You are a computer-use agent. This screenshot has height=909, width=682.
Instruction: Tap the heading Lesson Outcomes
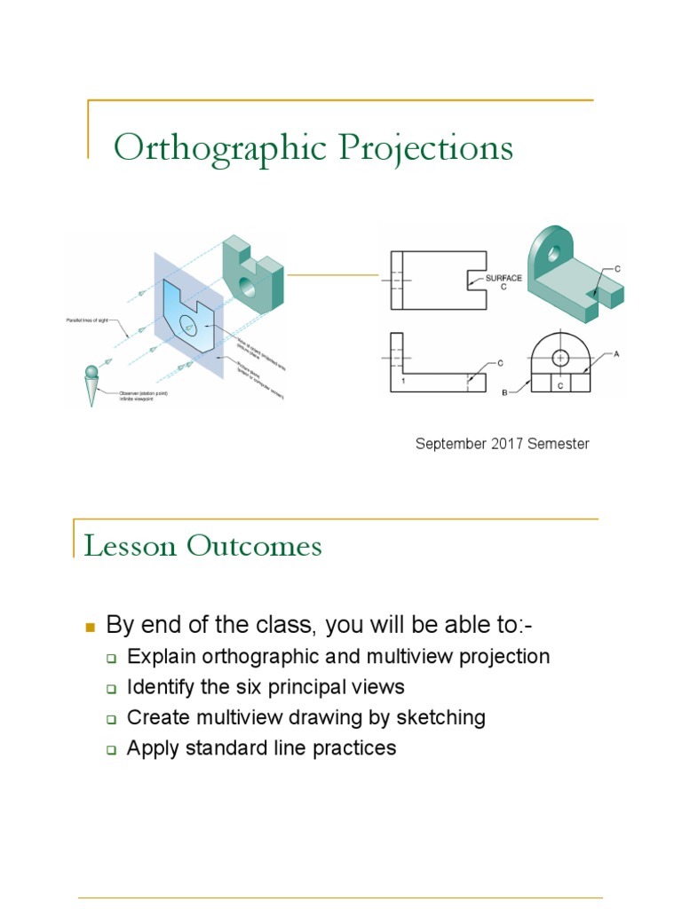tap(202, 545)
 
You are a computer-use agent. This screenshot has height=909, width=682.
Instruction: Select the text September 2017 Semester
tap(502, 444)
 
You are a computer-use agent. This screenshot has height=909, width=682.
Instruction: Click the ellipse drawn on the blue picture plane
tap(189, 326)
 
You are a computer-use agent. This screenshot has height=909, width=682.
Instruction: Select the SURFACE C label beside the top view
tap(503, 283)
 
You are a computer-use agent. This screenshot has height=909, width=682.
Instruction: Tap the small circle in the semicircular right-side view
tap(560, 358)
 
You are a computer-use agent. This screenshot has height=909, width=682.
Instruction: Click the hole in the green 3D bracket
tap(554, 253)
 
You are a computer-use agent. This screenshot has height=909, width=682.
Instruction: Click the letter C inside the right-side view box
tap(560, 384)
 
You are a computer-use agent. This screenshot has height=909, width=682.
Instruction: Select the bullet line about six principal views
tap(266, 687)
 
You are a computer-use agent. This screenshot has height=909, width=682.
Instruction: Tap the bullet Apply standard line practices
tap(261, 747)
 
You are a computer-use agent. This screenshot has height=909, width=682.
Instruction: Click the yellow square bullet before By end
tap(89, 628)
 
